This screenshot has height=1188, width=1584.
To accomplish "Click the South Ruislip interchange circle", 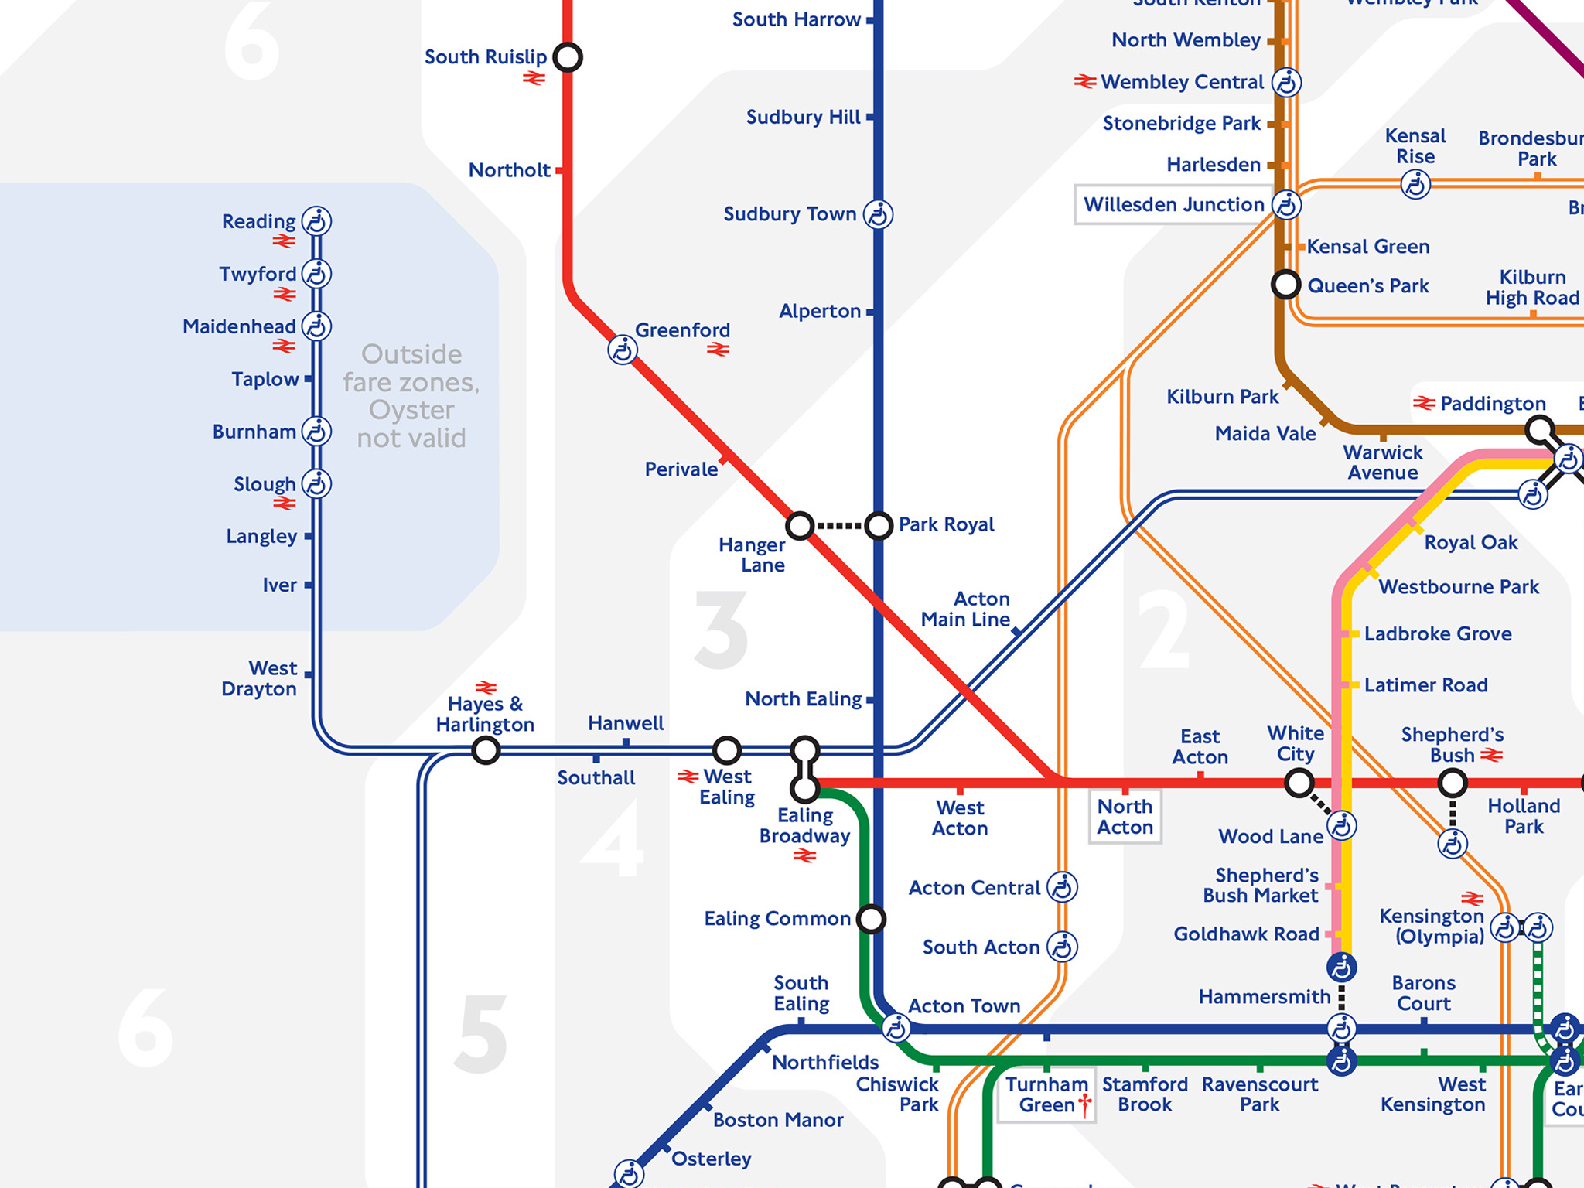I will (x=568, y=57).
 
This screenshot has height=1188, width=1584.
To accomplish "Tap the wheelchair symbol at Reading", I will (x=316, y=221).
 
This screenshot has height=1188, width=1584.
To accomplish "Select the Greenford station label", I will (x=682, y=330).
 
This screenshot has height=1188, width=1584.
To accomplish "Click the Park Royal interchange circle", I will (x=879, y=526).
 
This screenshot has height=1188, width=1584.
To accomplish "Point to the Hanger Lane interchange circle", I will (x=800, y=526).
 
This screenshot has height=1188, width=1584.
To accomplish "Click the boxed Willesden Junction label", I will (x=1173, y=205).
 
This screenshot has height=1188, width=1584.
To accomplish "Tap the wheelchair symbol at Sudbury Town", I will (x=878, y=214).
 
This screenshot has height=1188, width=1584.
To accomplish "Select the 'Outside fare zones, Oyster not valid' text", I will (x=411, y=396).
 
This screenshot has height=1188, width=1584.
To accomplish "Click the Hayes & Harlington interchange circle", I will (x=486, y=749).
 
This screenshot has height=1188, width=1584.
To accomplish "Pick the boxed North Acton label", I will (x=1125, y=817).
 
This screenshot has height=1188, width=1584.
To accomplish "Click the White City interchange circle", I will (x=1299, y=783).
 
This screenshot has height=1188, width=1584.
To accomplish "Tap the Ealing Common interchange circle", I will (x=872, y=919).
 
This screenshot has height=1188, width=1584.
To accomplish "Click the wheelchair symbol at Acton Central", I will (x=1062, y=887).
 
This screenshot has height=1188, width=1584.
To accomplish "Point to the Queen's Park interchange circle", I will (x=1285, y=285).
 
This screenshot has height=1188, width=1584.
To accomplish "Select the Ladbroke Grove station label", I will (x=1437, y=634).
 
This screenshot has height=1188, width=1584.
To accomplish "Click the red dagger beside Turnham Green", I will (x=1085, y=1104).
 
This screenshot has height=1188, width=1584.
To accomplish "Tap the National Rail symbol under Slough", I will (x=284, y=504).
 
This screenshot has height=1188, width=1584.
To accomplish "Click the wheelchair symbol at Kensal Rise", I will (x=1415, y=185).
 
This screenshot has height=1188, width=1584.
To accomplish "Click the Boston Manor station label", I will (x=777, y=1120).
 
